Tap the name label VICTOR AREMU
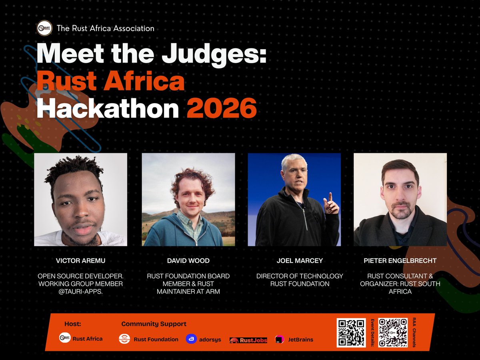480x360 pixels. pos(80,261)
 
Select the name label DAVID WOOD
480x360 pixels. pos(188,261)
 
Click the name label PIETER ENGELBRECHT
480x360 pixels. pos(400,261)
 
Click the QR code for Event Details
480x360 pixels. pos(351,332)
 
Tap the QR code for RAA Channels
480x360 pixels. pos(393,332)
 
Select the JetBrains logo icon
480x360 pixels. pos(279,339)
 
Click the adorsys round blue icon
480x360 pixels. pos(191,339)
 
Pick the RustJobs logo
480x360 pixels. pos(248,340)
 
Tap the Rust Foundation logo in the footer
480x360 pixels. pos(124,339)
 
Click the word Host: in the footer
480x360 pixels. pos(72,324)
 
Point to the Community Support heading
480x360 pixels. pos(154,324)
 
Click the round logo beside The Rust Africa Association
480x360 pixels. pos(44,28)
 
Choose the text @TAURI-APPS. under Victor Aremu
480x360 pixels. pos(80,291)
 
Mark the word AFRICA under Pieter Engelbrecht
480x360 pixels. pos(400,291)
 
